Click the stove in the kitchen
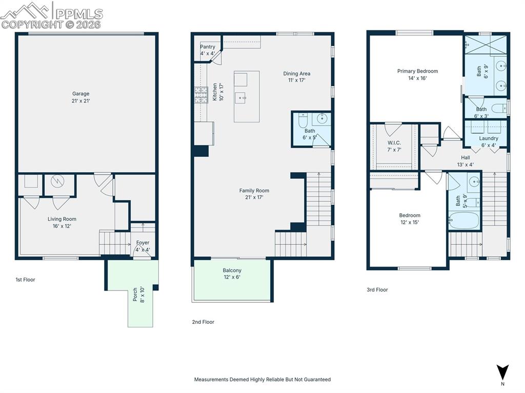pyautogui.click(x=201, y=95)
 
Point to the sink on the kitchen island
pyautogui.click(x=241, y=98)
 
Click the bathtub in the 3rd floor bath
pyautogui.click(x=463, y=220)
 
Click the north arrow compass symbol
pyautogui.click(x=502, y=373)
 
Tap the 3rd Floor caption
pyautogui.click(x=377, y=289)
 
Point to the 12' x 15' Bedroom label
pyautogui.click(x=410, y=219)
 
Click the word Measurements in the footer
pyautogui.click(x=211, y=379)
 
